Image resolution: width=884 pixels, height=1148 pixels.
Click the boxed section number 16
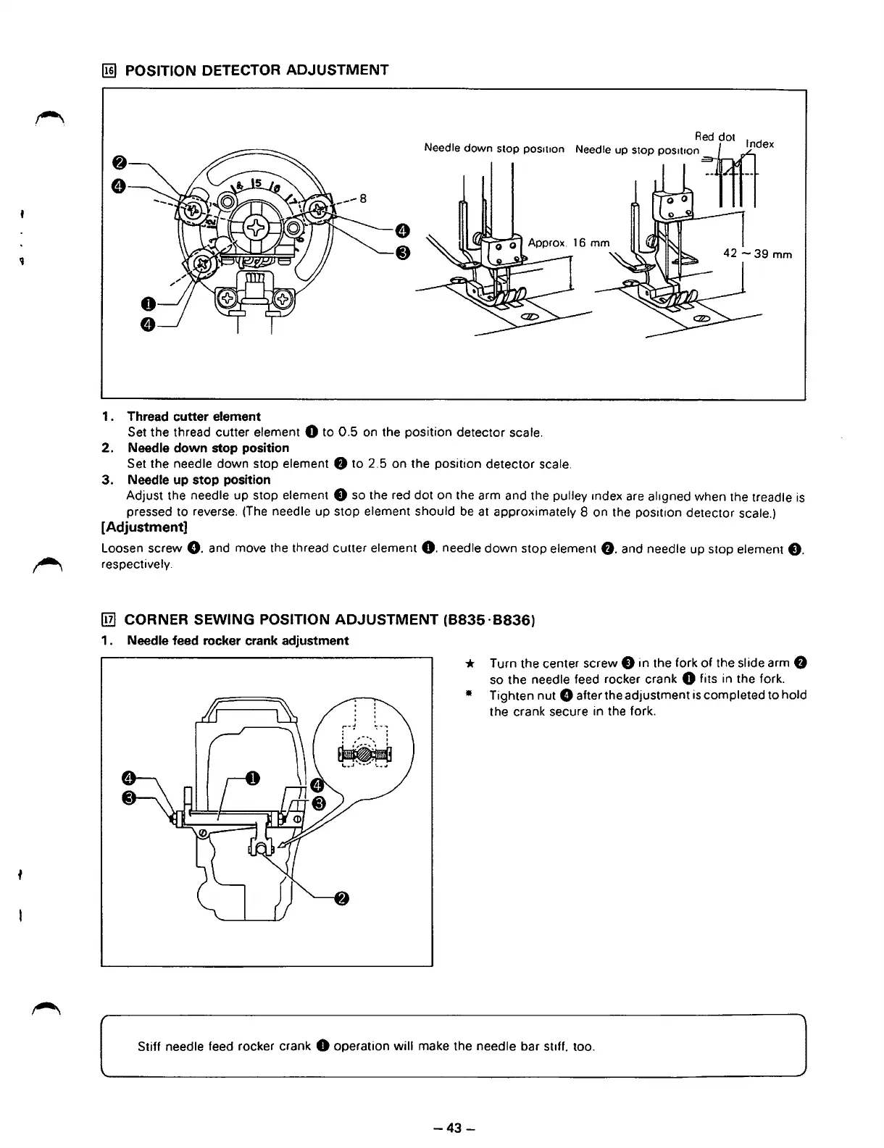[x=109, y=70]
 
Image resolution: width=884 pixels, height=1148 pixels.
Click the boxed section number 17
[x=109, y=620]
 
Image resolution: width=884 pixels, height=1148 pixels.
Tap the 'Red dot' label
[x=714, y=137]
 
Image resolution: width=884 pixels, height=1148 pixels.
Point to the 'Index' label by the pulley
[x=759, y=144]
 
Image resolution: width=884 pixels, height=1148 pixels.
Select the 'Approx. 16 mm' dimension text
[x=569, y=243]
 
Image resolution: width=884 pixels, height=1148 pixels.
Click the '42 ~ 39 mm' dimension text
[x=758, y=254]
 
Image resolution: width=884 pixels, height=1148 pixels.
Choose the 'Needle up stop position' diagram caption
[x=637, y=151]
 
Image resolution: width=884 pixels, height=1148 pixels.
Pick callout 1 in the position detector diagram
[x=145, y=303]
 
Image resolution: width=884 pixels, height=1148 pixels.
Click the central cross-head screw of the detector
[x=257, y=230]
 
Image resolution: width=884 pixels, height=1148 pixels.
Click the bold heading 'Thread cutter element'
[x=193, y=416]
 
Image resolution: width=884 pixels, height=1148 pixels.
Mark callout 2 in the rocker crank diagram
[x=341, y=899]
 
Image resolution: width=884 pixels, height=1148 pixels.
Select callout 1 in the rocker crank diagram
[x=251, y=779]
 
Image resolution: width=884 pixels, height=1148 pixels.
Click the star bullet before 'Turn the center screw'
[x=470, y=663]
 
